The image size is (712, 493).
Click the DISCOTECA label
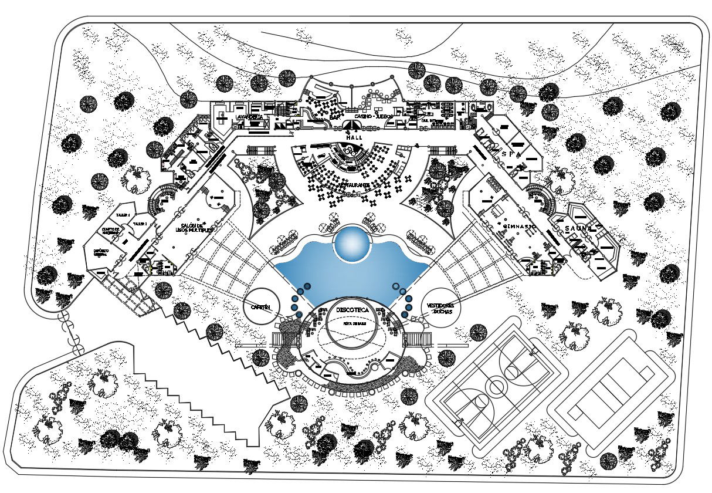pos(352,309)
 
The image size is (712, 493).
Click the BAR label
pos(335,117)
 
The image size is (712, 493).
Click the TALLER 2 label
pos(140,224)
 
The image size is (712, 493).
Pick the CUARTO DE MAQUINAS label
pos(111,230)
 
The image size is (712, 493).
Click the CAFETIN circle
pos(262,307)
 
